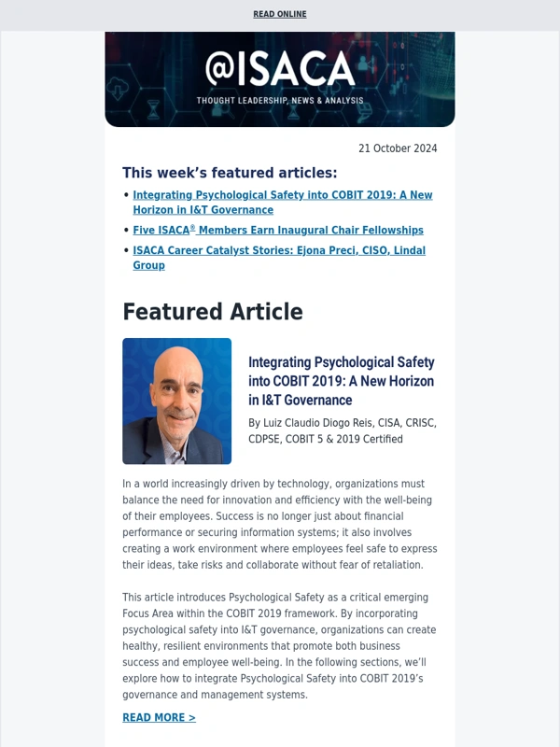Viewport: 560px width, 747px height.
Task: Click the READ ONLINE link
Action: click(280, 15)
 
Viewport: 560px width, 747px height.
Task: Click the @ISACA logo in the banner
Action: click(280, 69)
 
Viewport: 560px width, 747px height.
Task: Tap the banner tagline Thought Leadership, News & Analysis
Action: click(280, 101)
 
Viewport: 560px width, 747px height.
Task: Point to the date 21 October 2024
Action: click(398, 148)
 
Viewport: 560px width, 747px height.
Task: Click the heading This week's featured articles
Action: click(230, 173)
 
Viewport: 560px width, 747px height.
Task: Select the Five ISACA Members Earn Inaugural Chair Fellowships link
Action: click(278, 230)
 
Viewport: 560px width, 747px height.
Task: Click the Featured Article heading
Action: click(213, 312)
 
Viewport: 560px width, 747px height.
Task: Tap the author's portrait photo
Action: click(176, 402)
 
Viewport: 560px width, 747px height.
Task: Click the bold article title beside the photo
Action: click(341, 381)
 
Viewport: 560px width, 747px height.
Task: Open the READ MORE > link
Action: click(159, 718)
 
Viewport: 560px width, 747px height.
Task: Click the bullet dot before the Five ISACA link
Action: click(126, 230)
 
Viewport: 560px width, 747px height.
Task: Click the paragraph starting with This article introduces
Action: click(279, 645)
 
